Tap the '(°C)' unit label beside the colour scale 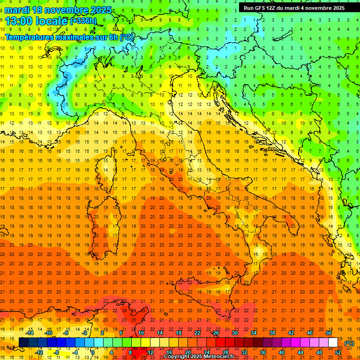pos(349,344)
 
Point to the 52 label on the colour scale pos(338,352)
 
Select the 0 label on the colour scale pos(93,352)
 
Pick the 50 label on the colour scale pos(329,333)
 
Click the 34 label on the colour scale pos(254,333)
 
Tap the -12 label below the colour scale pos(39,352)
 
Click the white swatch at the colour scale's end pos(333,343)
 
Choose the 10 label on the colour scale pos(141,333)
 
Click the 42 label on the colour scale pos(291,333)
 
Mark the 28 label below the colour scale pos(225,352)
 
